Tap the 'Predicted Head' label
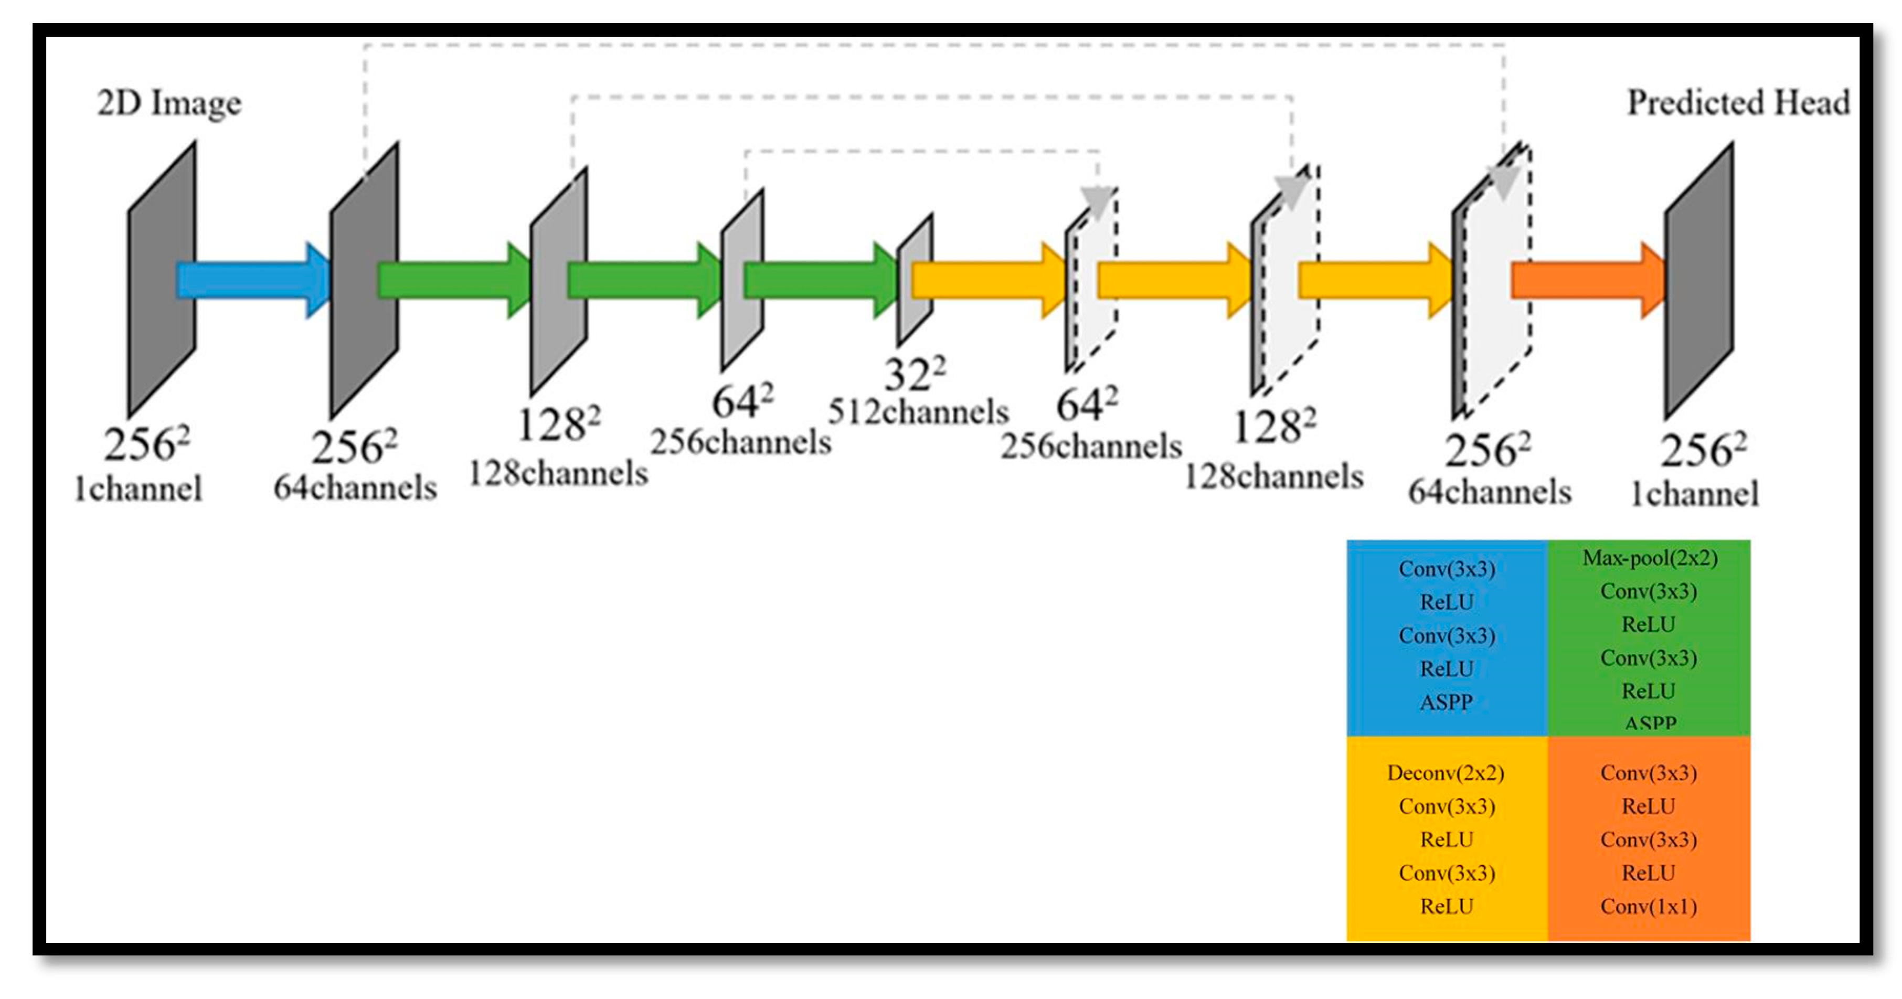(1738, 103)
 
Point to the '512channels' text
(918, 412)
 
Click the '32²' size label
(914, 374)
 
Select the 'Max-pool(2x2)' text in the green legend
(1650, 558)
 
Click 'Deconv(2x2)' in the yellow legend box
(1445, 773)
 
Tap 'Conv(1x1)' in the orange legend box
(1648, 907)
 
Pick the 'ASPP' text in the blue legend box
(1446, 702)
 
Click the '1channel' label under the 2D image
(138, 489)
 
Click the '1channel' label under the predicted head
(1695, 494)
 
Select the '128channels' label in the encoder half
(558, 473)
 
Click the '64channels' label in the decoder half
(1489, 492)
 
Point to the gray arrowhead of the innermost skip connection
(1097, 201)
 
